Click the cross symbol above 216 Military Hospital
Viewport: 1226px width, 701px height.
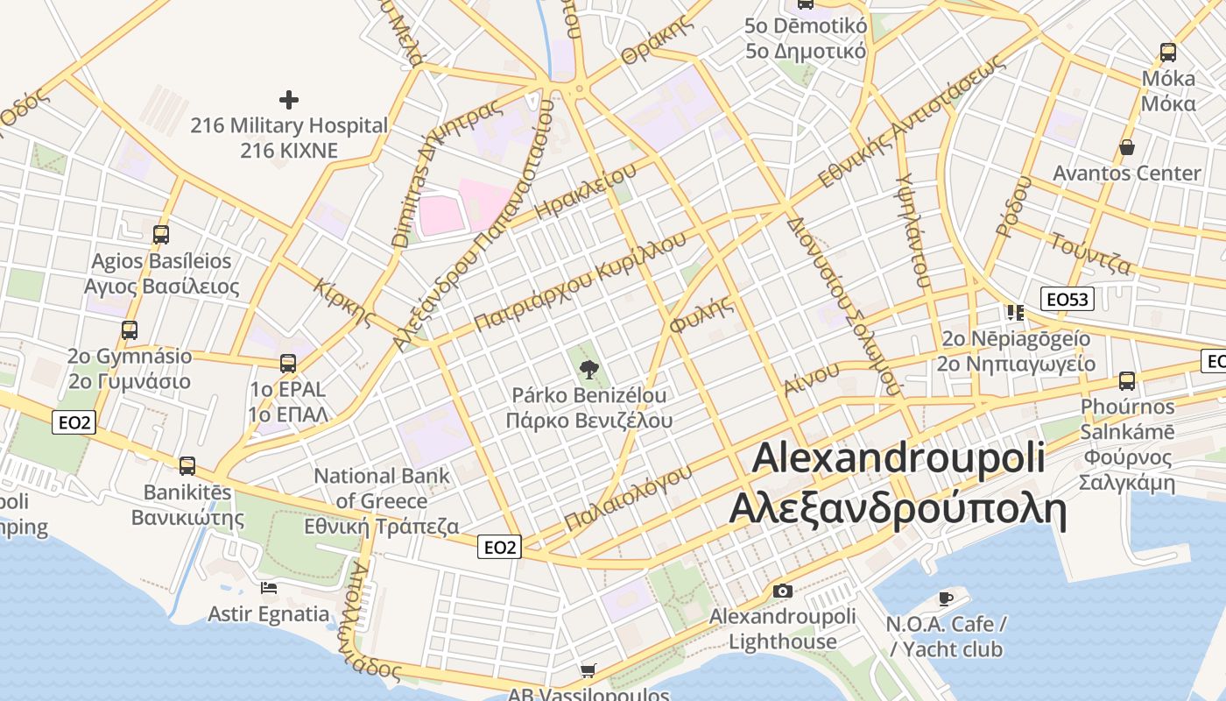coord(288,100)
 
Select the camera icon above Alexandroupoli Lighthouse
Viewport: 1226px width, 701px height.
coord(783,591)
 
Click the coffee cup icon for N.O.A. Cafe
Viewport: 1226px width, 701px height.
coord(945,598)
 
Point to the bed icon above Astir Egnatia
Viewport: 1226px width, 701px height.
coord(269,587)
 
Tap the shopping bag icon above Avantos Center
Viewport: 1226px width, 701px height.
coord(1127,147)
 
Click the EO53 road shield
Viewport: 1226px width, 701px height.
coord(1067,300)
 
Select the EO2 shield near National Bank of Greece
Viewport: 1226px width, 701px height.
coord(500,548)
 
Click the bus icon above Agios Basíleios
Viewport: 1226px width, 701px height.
coord(161,235)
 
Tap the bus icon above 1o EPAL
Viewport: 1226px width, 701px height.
coord(288,364)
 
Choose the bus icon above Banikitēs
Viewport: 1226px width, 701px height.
coord(187,466)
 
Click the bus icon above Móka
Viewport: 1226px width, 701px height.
coord(1168,53)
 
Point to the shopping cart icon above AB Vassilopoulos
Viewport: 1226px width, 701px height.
coord(588,671)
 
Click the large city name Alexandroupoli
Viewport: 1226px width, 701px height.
coord(898,457)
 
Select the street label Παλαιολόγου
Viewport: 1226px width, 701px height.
coord(628,498)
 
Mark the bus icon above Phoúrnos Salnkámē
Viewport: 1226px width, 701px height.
coord(1127,381)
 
